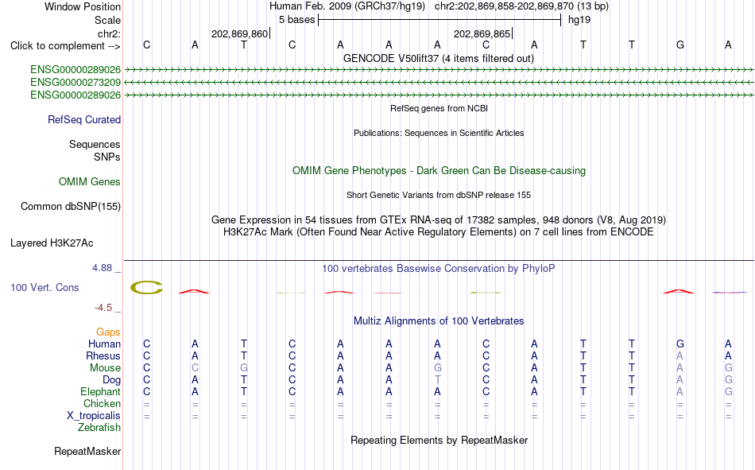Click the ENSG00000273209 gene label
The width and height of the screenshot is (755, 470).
point(75,83)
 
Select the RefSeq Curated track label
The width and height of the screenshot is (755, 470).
point(84,119)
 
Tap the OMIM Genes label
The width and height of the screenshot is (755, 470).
point(90,182)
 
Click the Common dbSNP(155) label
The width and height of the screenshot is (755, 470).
point(71,206)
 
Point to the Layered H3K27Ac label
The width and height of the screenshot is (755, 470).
point(52,243)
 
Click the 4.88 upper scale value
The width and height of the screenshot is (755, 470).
point(102,268)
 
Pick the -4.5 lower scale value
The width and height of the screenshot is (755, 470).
point(103,308)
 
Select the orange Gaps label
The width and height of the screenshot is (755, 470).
point(108,332)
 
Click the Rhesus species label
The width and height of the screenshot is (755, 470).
point(103,355)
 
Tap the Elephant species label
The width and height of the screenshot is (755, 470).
point(101,391)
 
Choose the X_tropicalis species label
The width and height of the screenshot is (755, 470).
point(94,416)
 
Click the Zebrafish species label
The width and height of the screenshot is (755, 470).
point(99,428)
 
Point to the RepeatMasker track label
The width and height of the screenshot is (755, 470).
point(87,451)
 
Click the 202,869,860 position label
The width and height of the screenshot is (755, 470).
point(239,33)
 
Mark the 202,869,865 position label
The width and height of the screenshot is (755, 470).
point(482,33)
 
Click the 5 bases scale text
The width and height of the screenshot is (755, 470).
point(296,20)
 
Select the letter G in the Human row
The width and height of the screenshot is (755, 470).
point(679,344)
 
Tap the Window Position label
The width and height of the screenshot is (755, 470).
point(83,6)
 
